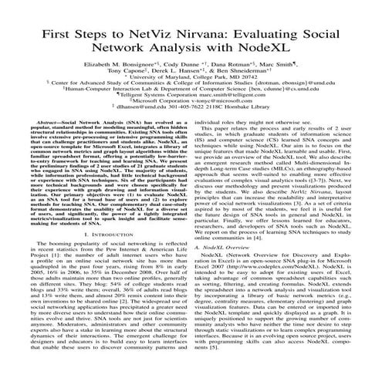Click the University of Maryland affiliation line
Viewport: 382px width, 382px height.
(x=191, y=84)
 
